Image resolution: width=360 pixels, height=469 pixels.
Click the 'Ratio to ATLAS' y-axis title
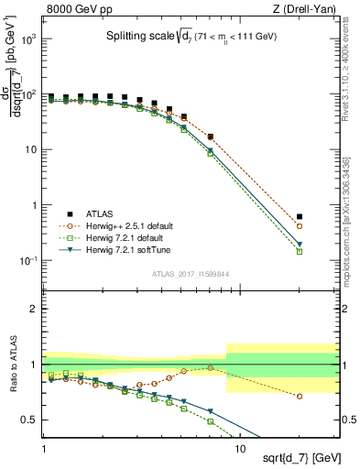click(x=13, y=365)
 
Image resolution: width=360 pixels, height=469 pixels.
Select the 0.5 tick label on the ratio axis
click(x=29, y=420)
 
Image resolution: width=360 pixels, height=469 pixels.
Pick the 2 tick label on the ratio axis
click(x=33, y=309)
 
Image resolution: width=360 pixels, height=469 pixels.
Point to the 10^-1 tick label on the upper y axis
click(x=27, y=261)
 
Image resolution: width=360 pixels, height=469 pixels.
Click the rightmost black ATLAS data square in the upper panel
click(x=325, y=217)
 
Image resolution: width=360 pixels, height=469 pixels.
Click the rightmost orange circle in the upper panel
click(x=325, y=226)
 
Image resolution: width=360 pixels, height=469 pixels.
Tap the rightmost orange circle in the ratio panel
click(x=325, y=397)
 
